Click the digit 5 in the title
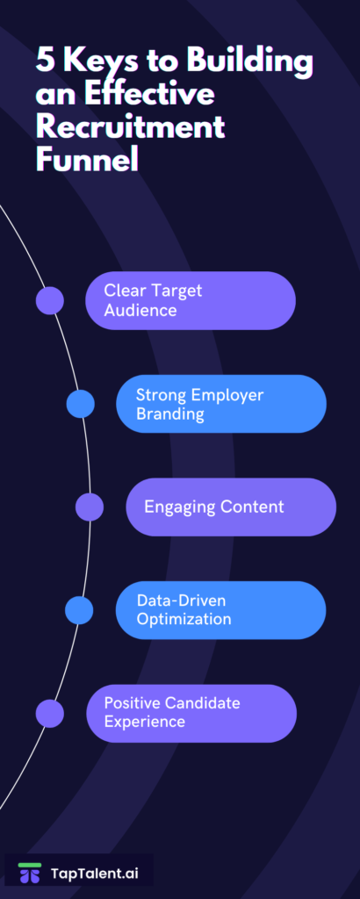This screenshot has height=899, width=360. tap(45, 61)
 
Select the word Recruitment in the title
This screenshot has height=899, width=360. tap(130, 127)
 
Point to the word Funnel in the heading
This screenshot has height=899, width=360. tap(88, 160)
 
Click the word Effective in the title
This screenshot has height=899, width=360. tap(149, 94)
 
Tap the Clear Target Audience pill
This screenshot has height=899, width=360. tap(191, 300)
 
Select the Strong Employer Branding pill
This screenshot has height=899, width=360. tap(221, 404)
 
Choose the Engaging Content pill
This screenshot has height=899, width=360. tap(231, 507)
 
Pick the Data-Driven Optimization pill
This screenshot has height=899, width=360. tap(220, 610)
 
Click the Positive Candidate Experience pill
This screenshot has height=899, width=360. tap(191, 713)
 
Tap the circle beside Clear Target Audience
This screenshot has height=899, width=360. tap(50, 300)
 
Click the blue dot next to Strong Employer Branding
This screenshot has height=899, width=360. tap(80, 404)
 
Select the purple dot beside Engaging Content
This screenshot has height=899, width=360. tap(90, 507)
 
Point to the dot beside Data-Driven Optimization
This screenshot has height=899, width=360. tap(79, 610)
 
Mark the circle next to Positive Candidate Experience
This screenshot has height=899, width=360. tap(50, 713)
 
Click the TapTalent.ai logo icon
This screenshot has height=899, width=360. tap(30, 872)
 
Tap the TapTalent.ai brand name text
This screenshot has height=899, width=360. tap(95, 874)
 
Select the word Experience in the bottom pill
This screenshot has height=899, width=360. tap(145, 722)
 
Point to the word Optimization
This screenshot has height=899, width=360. tap(184, 619)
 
